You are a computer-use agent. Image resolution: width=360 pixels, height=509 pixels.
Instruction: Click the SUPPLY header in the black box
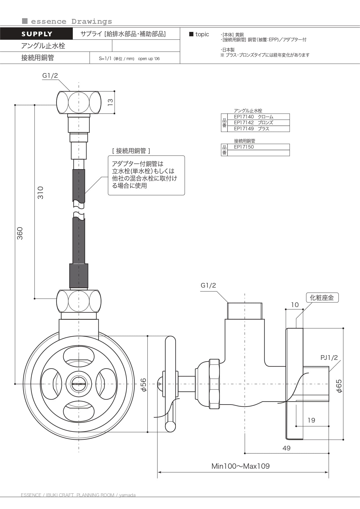[37, 34]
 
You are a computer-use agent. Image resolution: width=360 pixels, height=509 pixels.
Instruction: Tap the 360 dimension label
[20, 233]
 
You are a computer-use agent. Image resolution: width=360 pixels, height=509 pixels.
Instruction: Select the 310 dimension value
[40, 193]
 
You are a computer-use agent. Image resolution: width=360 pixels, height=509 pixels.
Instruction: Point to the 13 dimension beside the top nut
[110, 102]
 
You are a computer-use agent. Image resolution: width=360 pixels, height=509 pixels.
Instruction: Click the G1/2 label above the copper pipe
[50, 75]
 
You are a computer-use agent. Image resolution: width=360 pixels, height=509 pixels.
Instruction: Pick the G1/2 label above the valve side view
[208, 285]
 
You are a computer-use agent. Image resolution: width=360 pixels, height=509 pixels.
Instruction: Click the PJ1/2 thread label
[329, 358]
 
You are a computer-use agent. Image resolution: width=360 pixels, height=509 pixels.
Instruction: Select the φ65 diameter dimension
[339, 386]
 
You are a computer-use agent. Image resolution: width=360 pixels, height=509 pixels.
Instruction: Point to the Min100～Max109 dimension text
[240, 466]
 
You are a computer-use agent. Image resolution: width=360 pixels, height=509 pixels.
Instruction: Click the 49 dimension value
[287, 448]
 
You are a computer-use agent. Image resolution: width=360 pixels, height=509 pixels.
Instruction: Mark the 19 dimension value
[311, 420]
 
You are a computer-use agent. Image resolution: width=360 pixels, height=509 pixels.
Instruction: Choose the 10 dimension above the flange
[295, 305]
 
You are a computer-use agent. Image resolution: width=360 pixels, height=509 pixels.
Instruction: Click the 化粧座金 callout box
[322, 297]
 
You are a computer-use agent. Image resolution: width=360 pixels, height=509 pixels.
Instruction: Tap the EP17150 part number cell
[244, 147]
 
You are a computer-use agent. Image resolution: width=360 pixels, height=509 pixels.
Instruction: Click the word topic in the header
[202, 34]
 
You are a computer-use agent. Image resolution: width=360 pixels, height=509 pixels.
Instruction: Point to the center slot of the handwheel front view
[79, 384]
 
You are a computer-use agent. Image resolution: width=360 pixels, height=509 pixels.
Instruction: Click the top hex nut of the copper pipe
[79, 102]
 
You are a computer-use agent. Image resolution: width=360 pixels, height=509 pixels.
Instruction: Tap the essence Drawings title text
[71, 21]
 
